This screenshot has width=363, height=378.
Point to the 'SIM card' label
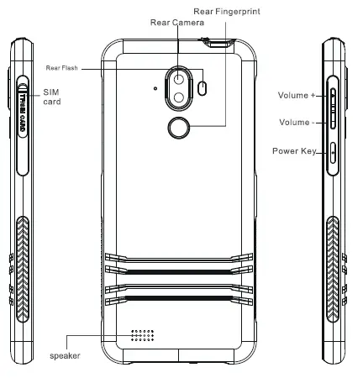[x=52, y=95]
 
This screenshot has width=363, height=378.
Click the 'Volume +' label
[x=296, y=96]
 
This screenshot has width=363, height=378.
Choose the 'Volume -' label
[x=296, y=123]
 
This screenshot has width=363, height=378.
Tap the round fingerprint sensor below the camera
[x=177, y=129]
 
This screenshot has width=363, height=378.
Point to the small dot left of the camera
[x=156, y=87]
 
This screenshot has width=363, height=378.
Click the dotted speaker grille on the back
[x=144, y=337]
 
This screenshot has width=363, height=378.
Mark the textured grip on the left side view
[x=22, y=253]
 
